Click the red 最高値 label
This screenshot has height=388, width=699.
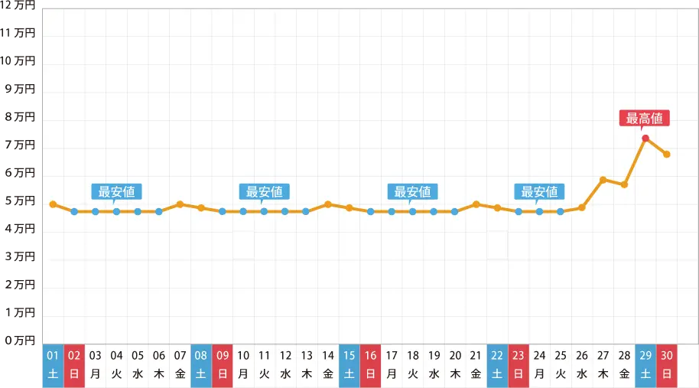point(645,119)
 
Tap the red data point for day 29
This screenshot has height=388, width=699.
point(645,139)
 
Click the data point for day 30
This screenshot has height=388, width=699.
point(667,155)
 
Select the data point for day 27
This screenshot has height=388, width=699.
point(603,180)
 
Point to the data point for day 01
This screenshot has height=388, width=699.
point(53,204)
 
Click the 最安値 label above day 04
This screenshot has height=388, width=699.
point(117,191)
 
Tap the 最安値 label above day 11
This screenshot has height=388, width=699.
point(265,191)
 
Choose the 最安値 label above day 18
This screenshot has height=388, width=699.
point(413,191)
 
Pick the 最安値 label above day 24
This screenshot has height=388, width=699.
point(540,191)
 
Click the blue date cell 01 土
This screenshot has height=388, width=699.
point(53,365)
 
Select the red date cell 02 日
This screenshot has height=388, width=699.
point(74,365)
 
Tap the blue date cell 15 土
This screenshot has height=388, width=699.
point(349,365)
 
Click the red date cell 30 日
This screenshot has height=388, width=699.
point(667,365)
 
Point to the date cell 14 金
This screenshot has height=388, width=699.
point(328,365)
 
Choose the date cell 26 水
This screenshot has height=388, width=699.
point(582,365)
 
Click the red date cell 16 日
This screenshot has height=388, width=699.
point(370,365)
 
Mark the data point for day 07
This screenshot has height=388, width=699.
point(180,204)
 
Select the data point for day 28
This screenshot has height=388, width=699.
point(625,184)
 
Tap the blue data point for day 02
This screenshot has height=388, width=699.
point(74,211)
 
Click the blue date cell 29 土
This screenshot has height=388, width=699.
point(645,365)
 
